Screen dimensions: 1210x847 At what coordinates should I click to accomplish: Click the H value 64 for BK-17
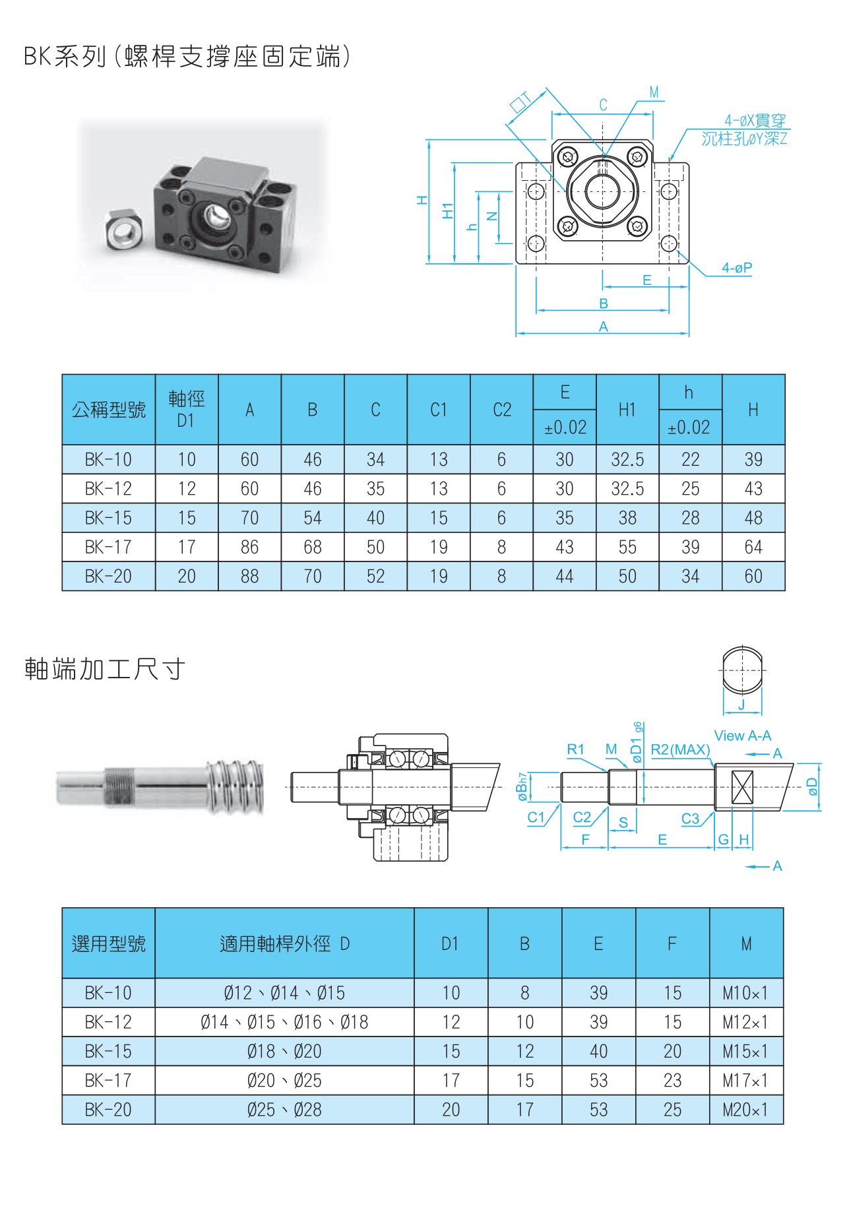click(x=753, y=547)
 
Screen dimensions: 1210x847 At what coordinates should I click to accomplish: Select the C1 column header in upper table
click(x=439, y=410)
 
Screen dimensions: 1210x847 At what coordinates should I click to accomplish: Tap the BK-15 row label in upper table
click(x=108, y=518)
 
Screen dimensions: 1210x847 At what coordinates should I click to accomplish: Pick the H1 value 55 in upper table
click(x=627, y=547)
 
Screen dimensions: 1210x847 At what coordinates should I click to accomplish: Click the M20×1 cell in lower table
click(x=745, y=1110)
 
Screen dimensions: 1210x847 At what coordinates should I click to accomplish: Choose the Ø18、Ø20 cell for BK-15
click(x=284, y=1051)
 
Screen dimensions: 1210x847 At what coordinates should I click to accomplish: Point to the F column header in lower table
click(x=672, y=943)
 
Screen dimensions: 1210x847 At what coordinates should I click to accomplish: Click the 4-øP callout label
click(x=736, y=268)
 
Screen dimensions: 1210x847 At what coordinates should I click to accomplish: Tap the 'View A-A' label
click(x=742, y=736)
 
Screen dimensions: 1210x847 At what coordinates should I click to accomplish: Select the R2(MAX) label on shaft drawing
click(x=680, y=749)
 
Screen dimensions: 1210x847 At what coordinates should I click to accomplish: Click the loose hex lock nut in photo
click(x=123, y=230)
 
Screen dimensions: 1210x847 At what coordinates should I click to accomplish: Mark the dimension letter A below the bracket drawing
click(x=603, y=327)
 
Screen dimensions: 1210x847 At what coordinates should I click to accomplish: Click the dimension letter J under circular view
click(x=741, y=705)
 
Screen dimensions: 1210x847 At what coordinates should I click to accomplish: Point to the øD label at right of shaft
click(x=813, y=786)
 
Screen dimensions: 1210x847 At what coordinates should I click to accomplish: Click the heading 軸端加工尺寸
click(x=105, y=669)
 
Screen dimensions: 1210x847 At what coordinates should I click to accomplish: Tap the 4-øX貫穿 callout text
click(x=755, y=121)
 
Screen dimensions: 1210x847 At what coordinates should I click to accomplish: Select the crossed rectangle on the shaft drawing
click(x=742, y=786)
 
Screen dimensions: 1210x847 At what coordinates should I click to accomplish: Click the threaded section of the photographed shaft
click(x=119, y=787)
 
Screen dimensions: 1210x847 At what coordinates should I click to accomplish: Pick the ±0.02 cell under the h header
click(x=689, y=428)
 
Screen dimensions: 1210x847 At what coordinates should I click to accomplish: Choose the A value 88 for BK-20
click(x=249, y=576)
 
